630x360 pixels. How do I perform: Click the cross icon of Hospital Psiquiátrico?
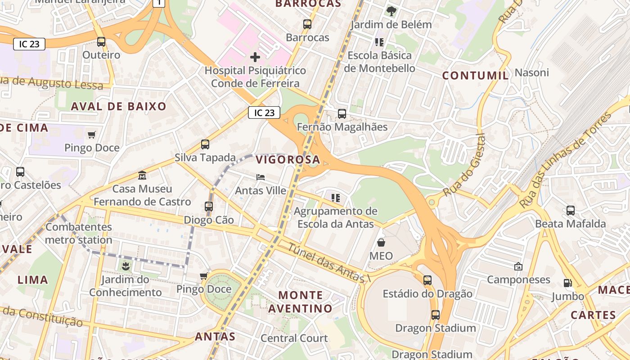coord(255,57)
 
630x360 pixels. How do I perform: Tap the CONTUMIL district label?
coord(476,76)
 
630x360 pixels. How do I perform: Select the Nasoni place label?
coord(531,72)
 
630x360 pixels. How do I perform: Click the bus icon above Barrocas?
coord(307,24)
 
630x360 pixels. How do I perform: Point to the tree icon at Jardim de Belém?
coord(391,11)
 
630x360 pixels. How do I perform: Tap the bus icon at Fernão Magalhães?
coord(342,114)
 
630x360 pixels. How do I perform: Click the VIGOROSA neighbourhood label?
coord(288,159)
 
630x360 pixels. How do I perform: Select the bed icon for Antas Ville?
coord(261,177)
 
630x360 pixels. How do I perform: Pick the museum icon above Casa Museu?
coord(142,175)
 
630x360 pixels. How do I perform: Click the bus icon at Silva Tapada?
coord(205,144)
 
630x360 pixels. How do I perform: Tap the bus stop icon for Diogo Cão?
coord(209,207)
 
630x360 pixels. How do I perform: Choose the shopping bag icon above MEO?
coord(381,243)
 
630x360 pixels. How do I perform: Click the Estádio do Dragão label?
coord(427,294)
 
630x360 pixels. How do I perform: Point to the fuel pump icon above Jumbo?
coord(568,283)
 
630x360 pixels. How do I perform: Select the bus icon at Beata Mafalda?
coord(571,210)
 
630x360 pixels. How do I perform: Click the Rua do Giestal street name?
coord(463,165)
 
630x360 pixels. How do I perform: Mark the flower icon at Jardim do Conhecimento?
coord(126,266)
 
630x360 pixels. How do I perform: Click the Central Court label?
coord(294,338)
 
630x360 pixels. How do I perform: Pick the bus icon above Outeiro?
coord(101,42)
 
